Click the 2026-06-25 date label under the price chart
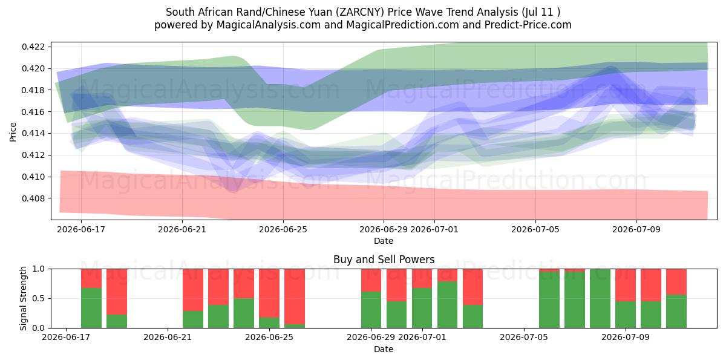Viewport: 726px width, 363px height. [x=283, y=229]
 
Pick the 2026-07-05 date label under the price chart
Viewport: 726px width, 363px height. [x=535, y=229]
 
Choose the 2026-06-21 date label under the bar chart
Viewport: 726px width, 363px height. [x=168, y=337]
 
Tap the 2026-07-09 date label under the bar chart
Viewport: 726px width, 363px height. [x=626, y=337]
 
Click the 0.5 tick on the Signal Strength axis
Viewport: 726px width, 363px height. [x=39, y=298]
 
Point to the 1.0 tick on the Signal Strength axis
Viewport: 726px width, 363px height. [x=39, y=269]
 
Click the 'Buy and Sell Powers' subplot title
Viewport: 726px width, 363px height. [x=384, y=260]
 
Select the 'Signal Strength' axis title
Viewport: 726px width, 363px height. [x=23, y=298]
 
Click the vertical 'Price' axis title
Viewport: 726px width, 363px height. [x=13, y=132]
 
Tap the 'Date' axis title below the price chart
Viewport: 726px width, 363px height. [x=384, y=241]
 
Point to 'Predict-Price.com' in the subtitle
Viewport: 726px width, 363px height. [x=528, y=25]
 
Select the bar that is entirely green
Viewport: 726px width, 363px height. [x=600, y=298]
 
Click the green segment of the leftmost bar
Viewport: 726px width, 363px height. [x=91, y=308]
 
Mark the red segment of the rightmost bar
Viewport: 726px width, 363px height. [x=676, y=282]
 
